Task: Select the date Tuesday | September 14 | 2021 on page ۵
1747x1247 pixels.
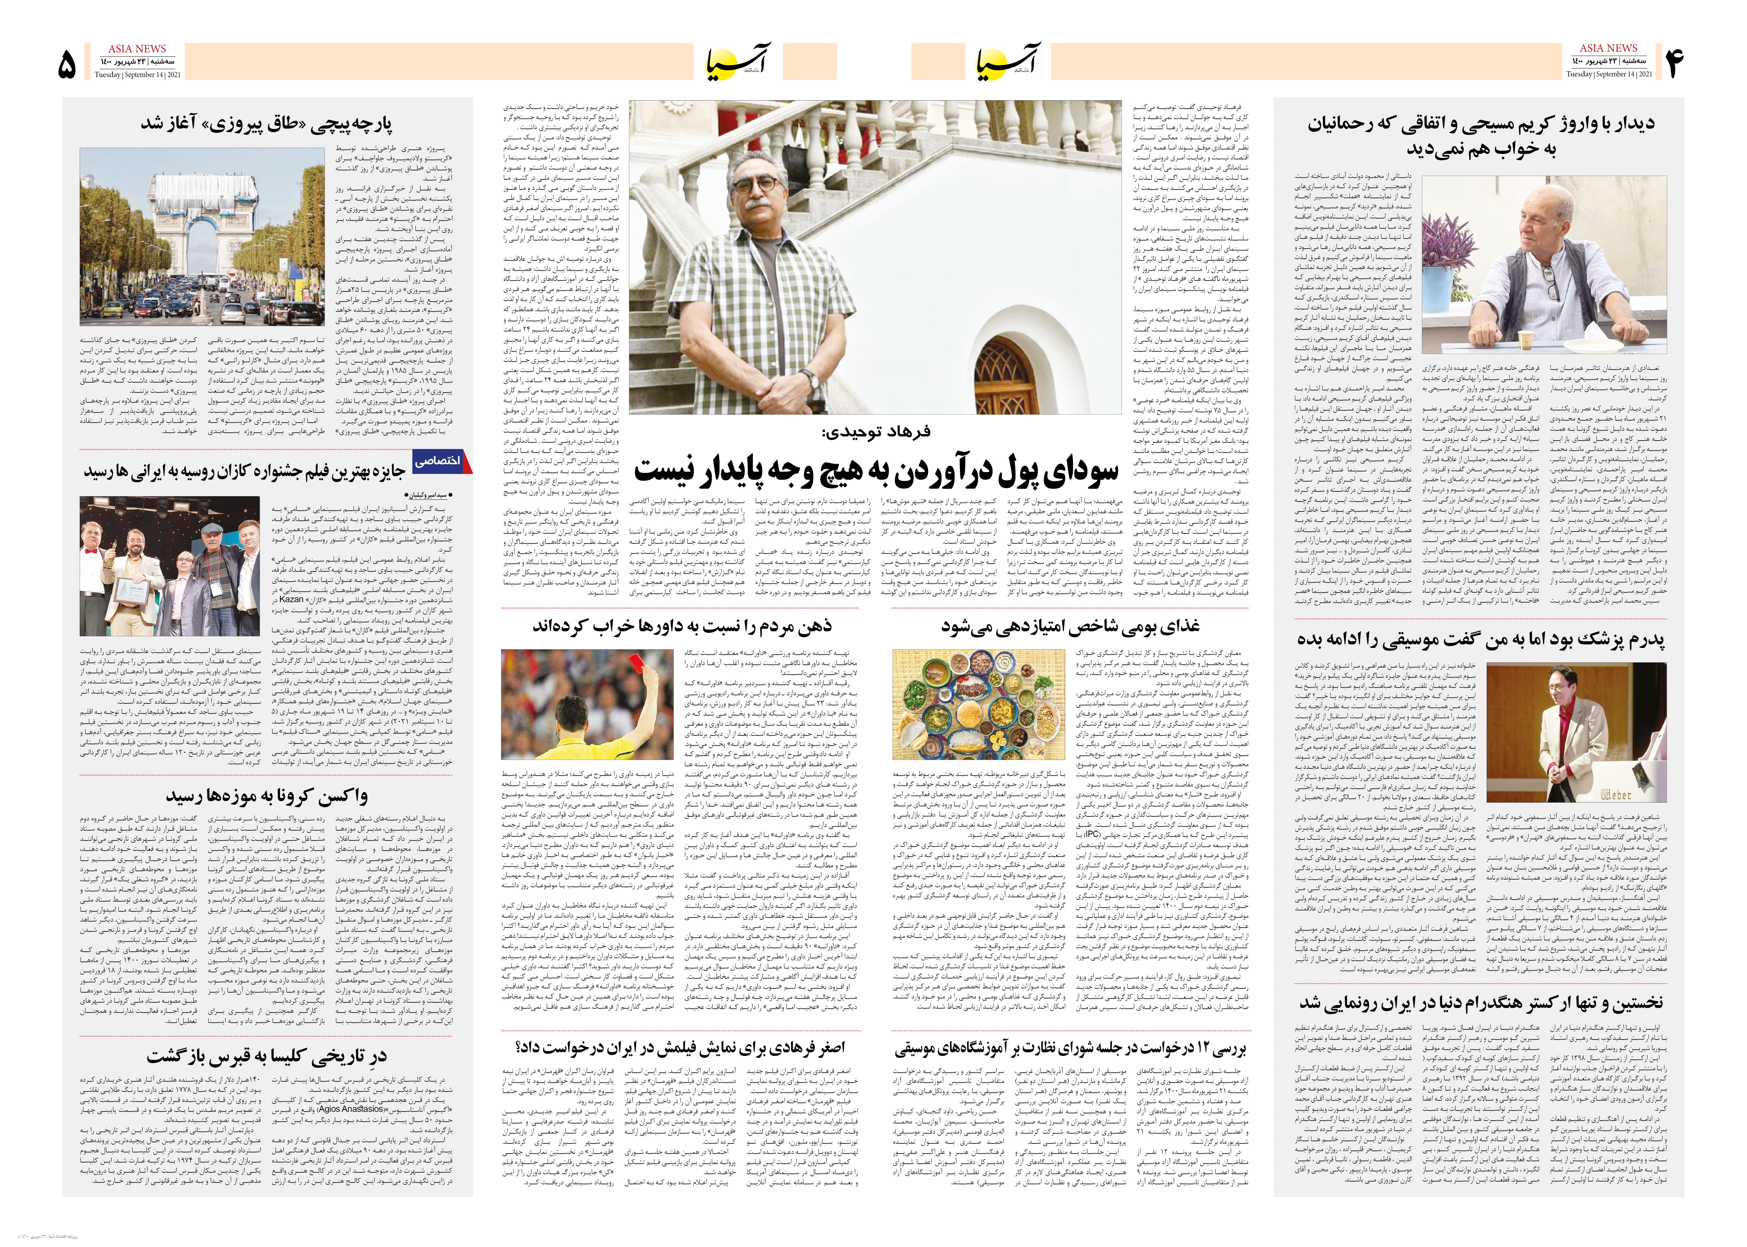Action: [138, 75]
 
